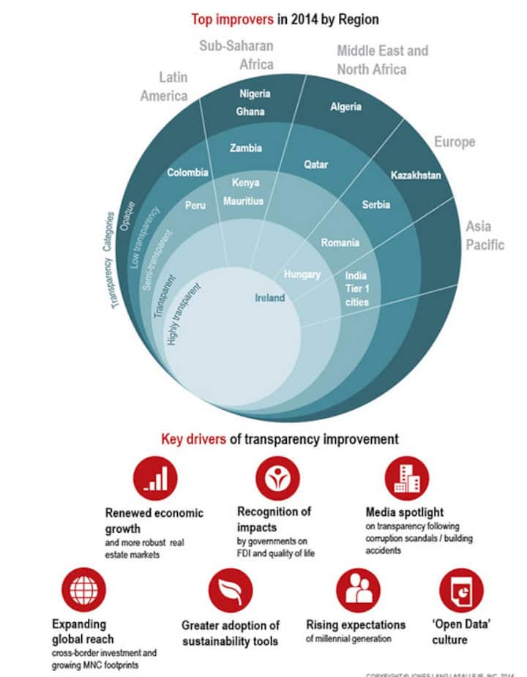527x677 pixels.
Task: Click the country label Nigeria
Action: pos(255,94)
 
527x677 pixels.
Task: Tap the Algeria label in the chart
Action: pos(345,106)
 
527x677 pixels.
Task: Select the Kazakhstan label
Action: pos(416,176)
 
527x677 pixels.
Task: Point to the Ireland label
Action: pos(270,298)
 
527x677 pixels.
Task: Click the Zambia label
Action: pos(245,148)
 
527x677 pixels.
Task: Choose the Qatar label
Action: pos(315,165)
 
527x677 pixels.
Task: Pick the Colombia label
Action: pos(187,173)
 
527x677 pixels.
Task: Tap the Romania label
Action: pos(340,242)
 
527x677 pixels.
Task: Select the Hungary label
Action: pos(302,274)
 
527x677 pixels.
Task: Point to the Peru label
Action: pos(195,206)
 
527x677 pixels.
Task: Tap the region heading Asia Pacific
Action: pos(485,236)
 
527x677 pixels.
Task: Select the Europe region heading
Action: pos(455,141)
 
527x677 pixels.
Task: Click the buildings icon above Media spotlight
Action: pos(406,479)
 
